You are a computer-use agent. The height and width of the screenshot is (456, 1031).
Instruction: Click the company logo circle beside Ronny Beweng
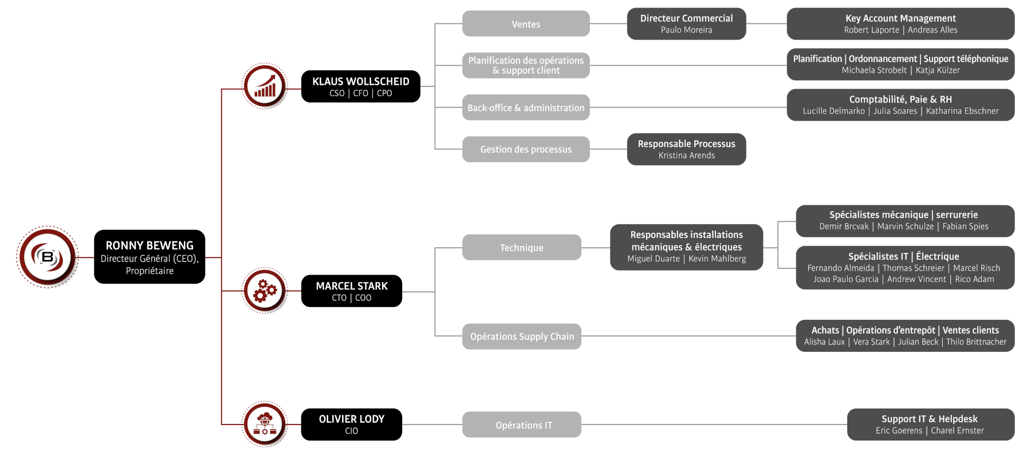pos(48,257)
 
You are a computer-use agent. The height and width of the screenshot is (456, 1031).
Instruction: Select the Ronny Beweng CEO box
pos(149,257)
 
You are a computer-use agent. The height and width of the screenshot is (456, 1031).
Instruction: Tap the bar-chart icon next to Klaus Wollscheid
pos(265,87)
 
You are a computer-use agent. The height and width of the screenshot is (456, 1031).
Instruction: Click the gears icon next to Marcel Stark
pos(265,291)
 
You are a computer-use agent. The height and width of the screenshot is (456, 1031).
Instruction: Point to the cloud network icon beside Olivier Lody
pos(265,424)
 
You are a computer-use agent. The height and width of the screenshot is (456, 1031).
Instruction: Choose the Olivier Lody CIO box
pos(351,424)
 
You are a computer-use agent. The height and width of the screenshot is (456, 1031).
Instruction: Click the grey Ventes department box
pos(526,24)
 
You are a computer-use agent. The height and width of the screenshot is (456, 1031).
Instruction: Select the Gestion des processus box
pos(526,149)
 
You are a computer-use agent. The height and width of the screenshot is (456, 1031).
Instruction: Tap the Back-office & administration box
pos(526,108)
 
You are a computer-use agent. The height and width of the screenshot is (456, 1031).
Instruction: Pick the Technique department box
pos(521,248)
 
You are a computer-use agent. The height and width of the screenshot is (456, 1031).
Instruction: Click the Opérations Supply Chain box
pos(521,336)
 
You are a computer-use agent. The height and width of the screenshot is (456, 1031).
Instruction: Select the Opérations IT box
pos(521,425)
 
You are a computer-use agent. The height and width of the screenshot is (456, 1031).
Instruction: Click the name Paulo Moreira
pos(686,30)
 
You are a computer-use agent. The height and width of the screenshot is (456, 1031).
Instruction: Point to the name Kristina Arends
pos(686,156)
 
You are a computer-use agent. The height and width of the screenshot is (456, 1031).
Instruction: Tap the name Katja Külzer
pos(938,70)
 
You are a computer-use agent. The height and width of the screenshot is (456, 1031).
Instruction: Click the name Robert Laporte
pos(871,30)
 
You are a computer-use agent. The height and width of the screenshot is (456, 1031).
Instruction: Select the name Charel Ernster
pos(957,431)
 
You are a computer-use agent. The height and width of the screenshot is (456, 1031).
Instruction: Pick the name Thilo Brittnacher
pos(976,342)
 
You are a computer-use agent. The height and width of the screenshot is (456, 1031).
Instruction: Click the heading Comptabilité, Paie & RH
pos(900,100)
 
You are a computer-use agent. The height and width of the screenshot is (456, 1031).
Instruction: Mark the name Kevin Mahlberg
pos(717,259)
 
